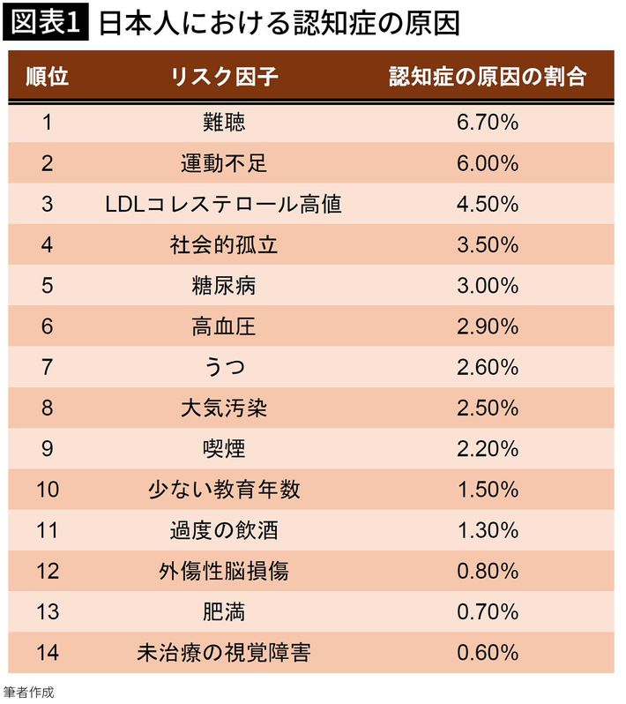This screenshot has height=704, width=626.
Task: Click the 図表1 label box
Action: coord(45,24)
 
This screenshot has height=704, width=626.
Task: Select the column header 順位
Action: coord(48,78)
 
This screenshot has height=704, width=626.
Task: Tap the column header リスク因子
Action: coord(224,78)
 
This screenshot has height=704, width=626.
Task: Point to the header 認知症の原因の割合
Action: coord(488,78)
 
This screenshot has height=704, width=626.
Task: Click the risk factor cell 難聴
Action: coord(224,123)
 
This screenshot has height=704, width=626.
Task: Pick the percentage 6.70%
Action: coord(488,123)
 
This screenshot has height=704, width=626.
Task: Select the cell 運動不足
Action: coord(224,163)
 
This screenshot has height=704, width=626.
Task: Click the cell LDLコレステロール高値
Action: coord(224,205)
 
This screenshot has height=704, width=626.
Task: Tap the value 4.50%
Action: coord(488,205)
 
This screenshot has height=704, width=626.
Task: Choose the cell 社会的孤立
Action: coord(224,245)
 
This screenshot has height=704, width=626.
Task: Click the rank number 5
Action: coord(48,286)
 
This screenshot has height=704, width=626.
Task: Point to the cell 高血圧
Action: coord(224,327)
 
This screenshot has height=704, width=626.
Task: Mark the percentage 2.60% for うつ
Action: coord(488,368)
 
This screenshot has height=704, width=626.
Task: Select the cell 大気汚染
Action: coord(224,408)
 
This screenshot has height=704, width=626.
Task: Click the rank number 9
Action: coord(48,449)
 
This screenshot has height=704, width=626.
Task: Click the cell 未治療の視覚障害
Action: coord(224,654)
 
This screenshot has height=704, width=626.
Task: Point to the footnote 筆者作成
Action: coord(29,691)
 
